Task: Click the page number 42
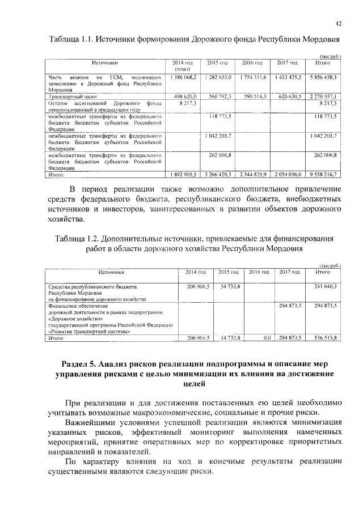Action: pos(338,23)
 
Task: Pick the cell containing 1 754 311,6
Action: pos(253,77)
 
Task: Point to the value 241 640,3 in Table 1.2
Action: pos(325,287)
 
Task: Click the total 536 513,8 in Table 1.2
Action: pos(325,338)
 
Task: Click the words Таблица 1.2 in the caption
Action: pos(75,238)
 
